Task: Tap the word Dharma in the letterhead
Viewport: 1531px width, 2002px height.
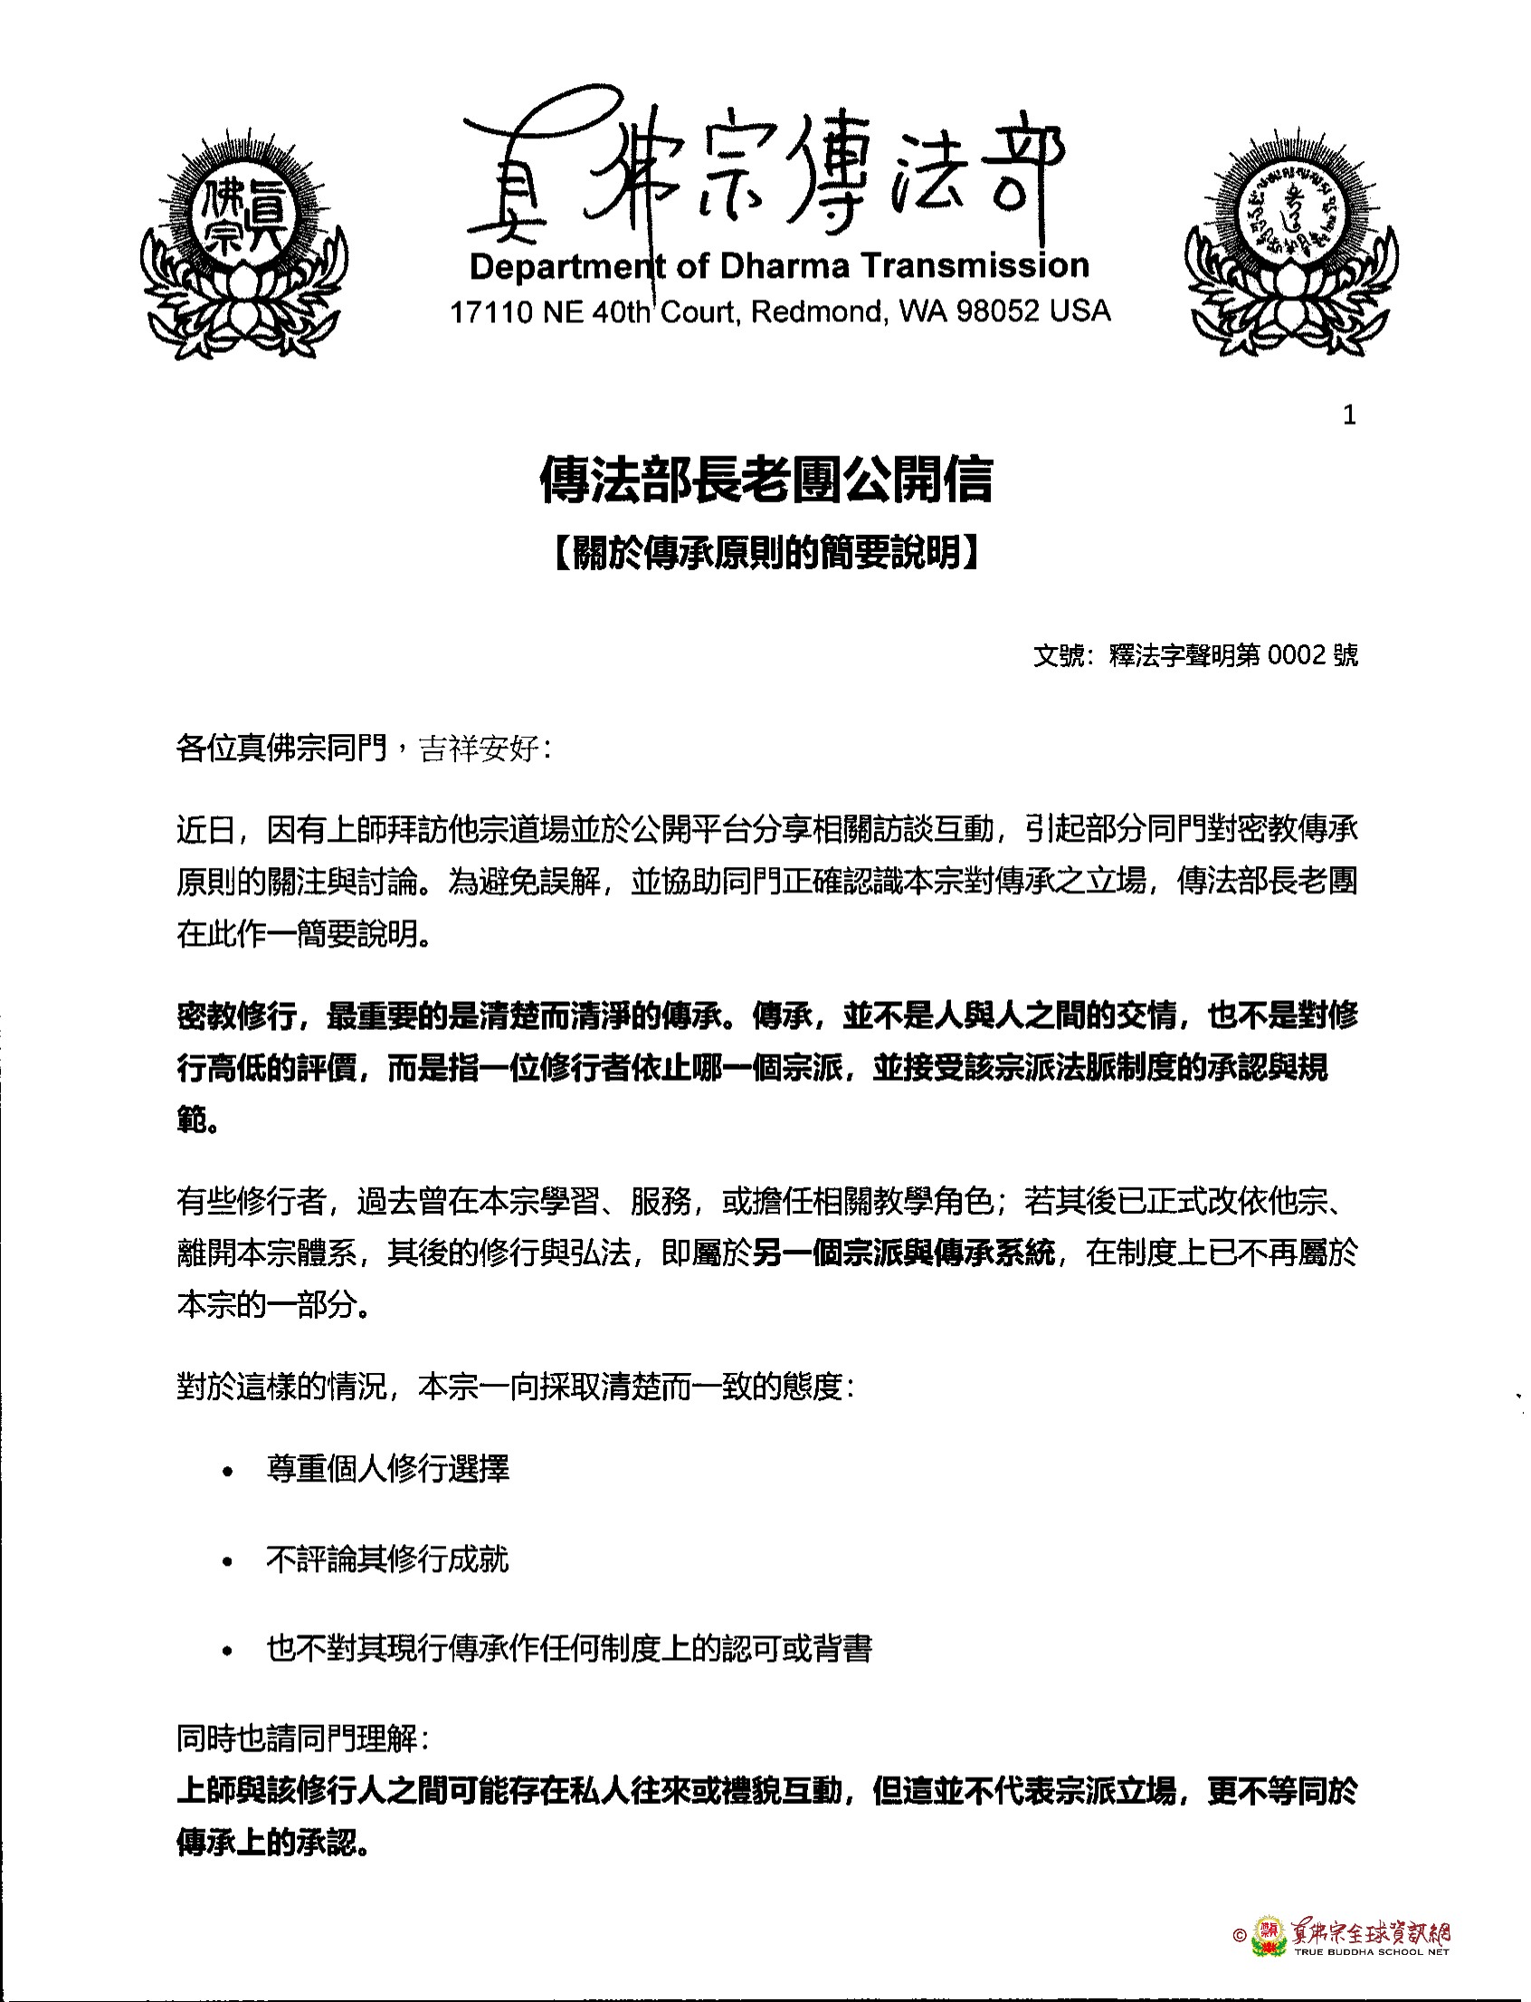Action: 785,266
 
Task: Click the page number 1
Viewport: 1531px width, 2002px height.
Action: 1349,415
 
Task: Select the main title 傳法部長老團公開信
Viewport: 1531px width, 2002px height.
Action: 765,481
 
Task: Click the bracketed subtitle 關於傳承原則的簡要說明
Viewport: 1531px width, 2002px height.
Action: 765,552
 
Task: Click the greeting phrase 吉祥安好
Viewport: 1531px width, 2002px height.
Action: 480,749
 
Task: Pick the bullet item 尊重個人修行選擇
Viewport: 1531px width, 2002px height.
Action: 388,1469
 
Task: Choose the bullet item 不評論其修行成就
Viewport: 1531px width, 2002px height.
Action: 388,1559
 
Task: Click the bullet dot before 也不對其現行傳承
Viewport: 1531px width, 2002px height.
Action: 228,1651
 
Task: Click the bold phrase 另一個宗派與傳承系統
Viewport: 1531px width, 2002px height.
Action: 904,1253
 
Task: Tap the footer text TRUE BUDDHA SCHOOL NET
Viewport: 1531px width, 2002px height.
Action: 1371,1952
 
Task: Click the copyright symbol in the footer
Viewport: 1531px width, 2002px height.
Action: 1239,1935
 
